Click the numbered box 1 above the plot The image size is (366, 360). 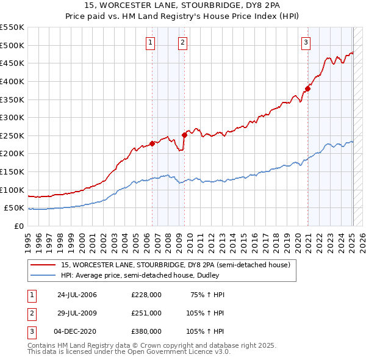pos(150,42)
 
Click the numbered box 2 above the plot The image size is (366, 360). pos(182,42)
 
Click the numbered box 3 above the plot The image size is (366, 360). pos(306,42)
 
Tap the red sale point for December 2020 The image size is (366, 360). pos(307,88)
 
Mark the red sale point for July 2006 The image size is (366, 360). pos(152,143)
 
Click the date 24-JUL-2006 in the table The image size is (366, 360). pos(76,295)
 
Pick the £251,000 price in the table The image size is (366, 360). pos(146,312)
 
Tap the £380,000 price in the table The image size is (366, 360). pos(146,331)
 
